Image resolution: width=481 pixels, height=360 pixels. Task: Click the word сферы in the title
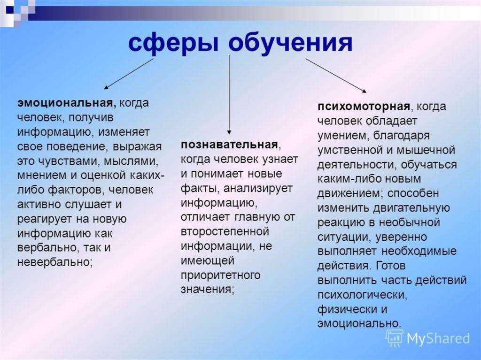coord(174,43)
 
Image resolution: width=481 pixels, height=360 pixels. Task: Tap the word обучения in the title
coord(290,43)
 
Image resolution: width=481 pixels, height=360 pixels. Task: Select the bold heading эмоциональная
coord(67,103)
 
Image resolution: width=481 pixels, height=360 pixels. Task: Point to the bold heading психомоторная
coord(364,107)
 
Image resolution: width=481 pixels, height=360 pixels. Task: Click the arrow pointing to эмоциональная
coord(129,74)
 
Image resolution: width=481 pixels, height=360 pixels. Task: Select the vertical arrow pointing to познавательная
coord(229,95)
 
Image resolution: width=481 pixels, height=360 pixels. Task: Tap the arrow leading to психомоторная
coord(336,76)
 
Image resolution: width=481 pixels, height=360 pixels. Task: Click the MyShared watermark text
coord(438,338)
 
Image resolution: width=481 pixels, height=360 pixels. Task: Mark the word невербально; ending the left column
coord(55,262)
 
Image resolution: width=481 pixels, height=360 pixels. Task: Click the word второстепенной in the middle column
coord(225,231)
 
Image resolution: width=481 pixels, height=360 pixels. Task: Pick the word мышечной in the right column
coord(426,150)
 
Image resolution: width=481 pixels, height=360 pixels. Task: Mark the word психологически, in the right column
coord(362,295)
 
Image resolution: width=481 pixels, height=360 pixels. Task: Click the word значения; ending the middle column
coord(208,290)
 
